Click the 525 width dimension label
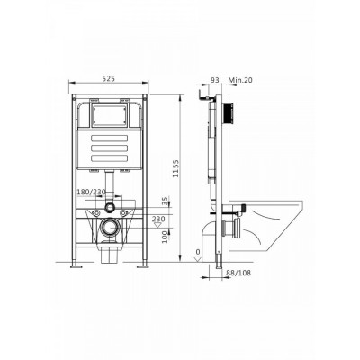[108, 78]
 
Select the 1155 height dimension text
[175, 168]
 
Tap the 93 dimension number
[215, 80]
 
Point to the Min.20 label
[240, 80]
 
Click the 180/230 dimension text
[91, 192]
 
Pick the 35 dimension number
[165, 202]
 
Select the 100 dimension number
[165, 237]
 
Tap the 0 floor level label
[198, 251]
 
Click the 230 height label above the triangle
[158, 219]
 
